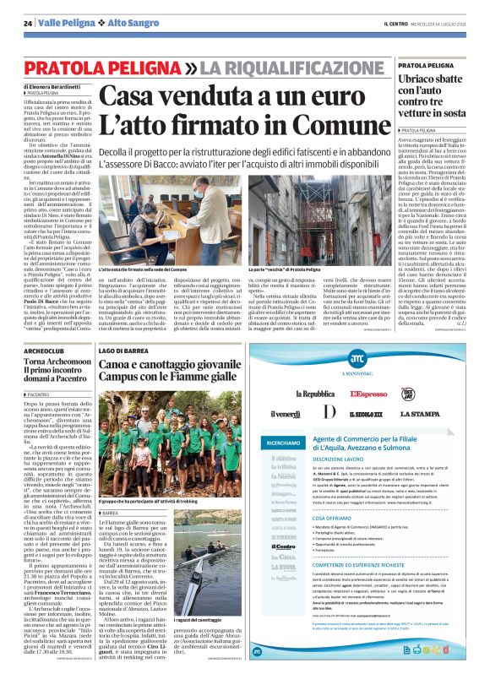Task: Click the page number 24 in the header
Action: point(28,21)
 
